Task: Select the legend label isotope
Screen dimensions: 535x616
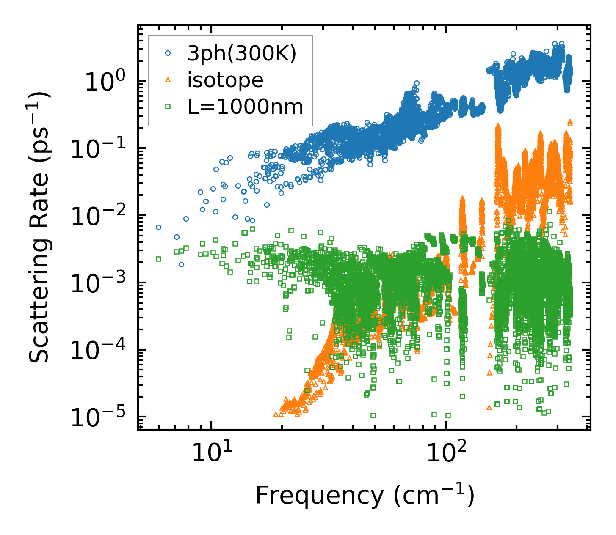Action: tap(225, 80)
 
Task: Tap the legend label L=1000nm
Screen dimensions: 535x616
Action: tap(246, 107)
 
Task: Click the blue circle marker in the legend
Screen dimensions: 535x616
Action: tap(168, 53)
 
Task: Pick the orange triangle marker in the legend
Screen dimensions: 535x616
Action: tap(168, 80)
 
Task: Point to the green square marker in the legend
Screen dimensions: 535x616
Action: tap(168, 107)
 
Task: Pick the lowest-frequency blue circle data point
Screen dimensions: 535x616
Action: tap(158, 227)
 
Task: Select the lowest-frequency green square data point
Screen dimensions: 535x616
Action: tap(158, 259)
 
